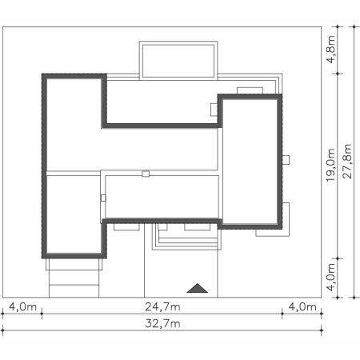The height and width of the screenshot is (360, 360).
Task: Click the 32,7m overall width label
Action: [162, 323]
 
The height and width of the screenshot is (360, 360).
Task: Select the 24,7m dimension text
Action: [162, 307]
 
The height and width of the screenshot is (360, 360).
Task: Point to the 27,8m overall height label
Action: [347, 162]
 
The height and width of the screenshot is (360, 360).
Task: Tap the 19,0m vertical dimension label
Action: [330, 165]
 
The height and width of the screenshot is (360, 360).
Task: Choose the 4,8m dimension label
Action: [330, 50]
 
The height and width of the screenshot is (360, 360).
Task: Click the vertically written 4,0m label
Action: [330, 277]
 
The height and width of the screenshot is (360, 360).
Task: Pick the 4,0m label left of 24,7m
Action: [22, 307]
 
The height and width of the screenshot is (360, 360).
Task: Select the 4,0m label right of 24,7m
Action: [302, 307]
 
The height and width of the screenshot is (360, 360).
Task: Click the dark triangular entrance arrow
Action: [198, 288]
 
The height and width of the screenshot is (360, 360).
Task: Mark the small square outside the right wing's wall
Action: [286, 160]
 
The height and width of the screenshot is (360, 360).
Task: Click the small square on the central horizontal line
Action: [146, 174]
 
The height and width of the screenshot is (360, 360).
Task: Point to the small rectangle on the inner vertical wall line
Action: [103, 198]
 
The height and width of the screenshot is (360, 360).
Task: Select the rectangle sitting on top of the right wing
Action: [250, 90]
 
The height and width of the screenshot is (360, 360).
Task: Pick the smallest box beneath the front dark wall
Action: [162, 227]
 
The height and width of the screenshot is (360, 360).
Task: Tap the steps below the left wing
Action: [74, 278]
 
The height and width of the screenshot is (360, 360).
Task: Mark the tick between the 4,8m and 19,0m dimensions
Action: [338, 74]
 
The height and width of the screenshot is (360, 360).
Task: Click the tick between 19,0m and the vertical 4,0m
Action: [338, 258]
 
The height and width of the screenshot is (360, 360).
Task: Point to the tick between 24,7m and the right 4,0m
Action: [282, 314]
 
